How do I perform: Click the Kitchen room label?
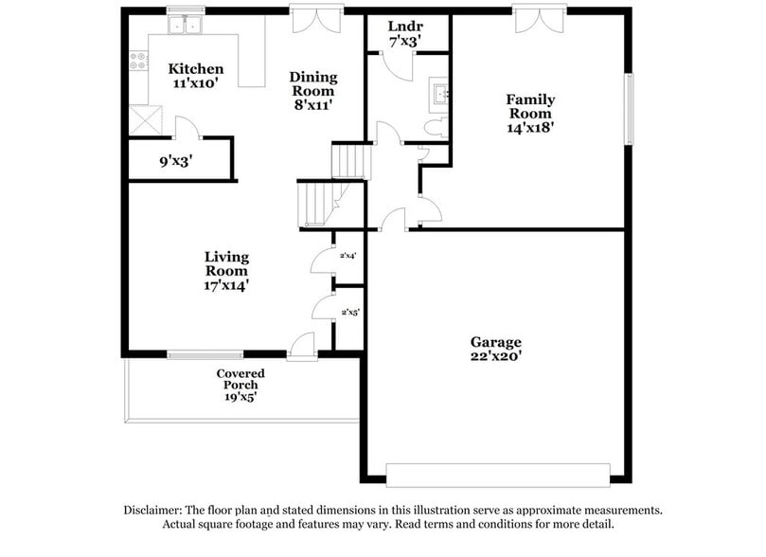pyautogui.click(x=196, y=76)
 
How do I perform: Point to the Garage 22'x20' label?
pyautogui.click(x=495, y=350)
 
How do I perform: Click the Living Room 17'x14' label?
pyautogui.click(x=226, y=270)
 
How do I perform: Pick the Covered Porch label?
pyautogui.click(x=240, y=385)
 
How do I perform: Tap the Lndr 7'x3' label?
pyautogui.click(x=405, y=33)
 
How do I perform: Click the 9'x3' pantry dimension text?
pyautogui.click(x=176, y=161)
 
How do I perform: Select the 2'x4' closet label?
pyautogui.click(x=347, y=256)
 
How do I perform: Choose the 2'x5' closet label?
pyautogui.click(x=348, y=310)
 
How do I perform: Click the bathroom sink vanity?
pyautogui.click(x=439, y=92)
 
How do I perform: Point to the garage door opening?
pyautogui.click(x=498, y=474)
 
